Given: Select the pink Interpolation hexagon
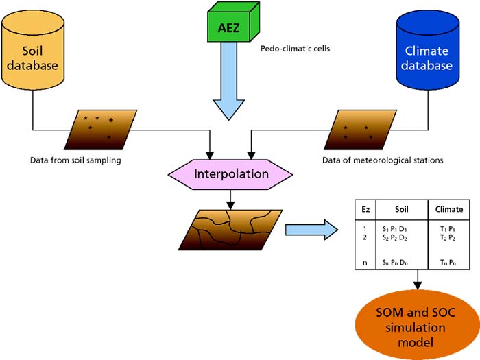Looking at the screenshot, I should point(230,174).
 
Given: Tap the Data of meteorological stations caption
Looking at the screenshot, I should point(383,160).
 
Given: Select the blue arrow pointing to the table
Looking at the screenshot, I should point(311,228).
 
